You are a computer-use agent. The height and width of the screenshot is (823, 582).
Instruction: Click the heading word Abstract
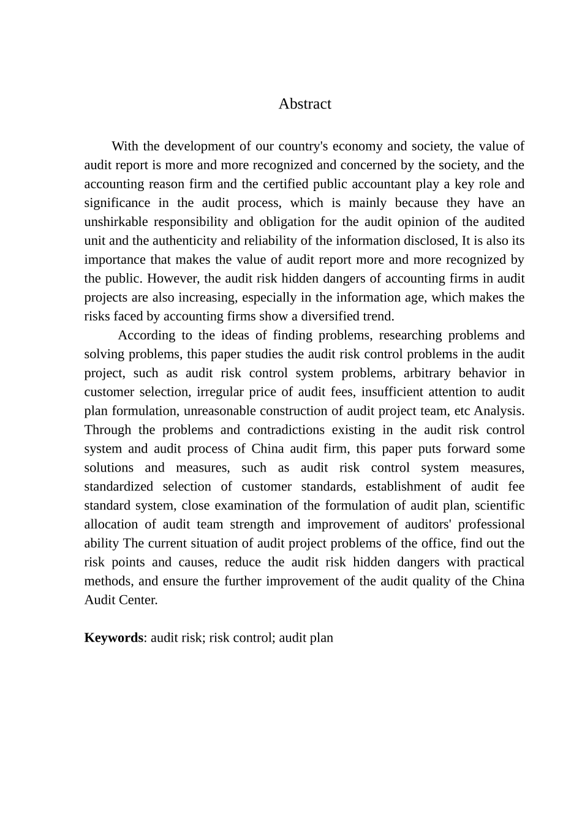[x=304, y=104]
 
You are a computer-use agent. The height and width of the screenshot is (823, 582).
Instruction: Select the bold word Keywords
[x=113, y=638]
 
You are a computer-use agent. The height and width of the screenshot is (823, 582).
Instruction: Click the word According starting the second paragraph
[x=146, y=336]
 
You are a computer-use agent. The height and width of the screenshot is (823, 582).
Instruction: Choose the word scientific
[x=500, y=506]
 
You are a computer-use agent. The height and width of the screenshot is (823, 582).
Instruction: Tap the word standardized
[x=119, y=487]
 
